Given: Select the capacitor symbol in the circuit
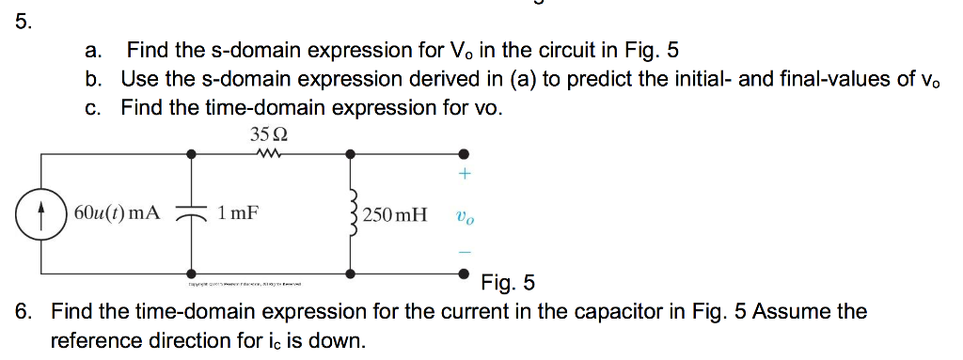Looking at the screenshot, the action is [192, 212].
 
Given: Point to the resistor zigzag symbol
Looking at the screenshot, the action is [270, 152].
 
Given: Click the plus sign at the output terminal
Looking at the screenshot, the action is [464, 175].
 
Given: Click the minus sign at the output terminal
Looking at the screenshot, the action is [464, 251].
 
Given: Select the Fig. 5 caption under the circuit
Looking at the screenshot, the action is [508, 281].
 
